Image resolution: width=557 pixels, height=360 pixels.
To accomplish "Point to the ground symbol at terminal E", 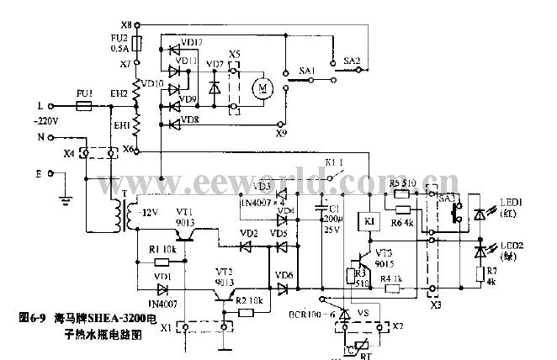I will pos(62,200).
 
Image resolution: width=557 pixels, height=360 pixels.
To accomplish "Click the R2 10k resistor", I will pos(246,312).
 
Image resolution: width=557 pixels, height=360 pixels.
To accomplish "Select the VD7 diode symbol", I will pos(215,86).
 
